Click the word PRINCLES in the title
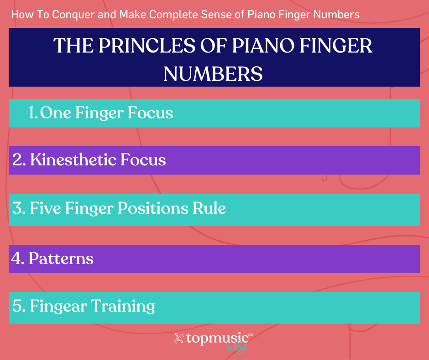point(147,46)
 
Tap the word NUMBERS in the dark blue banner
point(213,74)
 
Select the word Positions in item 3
point(153,208)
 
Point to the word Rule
point(209,208)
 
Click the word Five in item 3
point(46,208)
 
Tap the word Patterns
point(61,259)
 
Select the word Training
point(123,306)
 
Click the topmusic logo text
point(218,339)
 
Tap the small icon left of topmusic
point(178,338)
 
